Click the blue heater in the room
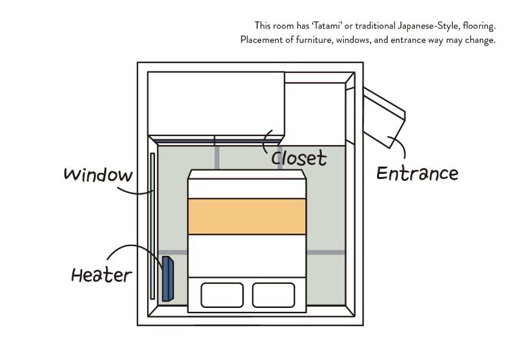click(168, 279)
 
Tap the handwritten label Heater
click(102, 275)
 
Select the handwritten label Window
click(98, 174)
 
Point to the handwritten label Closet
click(299, 158)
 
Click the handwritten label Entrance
click(417, 173)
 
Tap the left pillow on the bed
click(222, 295)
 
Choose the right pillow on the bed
click(274, 295)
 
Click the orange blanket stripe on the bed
click(247, 217)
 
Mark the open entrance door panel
click(384, 118)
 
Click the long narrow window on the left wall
click(152, 226)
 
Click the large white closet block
click(216, 104)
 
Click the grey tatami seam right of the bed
click(326, 253)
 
